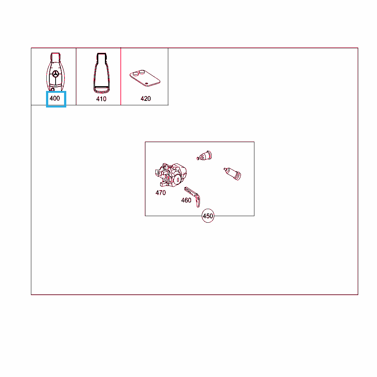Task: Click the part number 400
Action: tap(54, 98)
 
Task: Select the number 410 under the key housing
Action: tap(101, 99)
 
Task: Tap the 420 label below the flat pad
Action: tap(146, 99)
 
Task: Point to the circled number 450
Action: tap(208, 216)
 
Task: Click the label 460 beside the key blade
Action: tap(186, 200)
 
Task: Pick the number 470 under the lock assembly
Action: tap(161, 193)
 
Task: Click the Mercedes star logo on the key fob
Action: tap(56, 74)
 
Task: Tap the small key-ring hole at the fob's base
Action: tap(53, 90)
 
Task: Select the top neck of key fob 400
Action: tap(55, 57)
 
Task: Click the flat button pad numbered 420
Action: tap(145, 78)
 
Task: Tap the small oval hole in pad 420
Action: tap(147, 84)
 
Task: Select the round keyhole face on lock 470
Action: tap(178, 180)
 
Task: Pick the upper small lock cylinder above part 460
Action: tap(204, 156)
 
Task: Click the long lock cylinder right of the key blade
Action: tap(232, 174)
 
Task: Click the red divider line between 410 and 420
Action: tap(121, 76)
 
